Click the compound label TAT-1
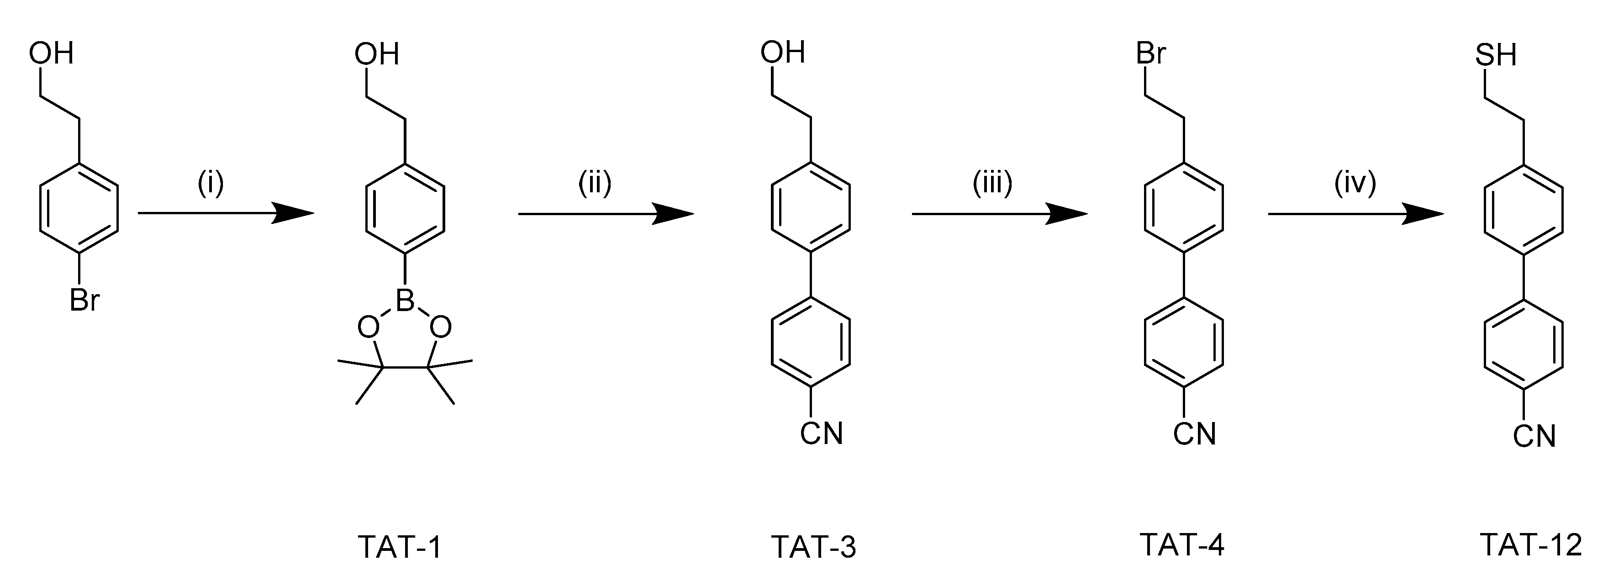point(400,547)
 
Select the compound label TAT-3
point(813,547)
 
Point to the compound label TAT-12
point(1531,545)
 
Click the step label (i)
point(211,184)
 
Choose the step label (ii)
point(594,184)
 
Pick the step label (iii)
point(992,184)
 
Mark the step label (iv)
point(1355,184)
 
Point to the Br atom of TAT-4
point(1150,53)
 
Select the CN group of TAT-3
point(822,433)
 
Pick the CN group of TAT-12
point(1534,436)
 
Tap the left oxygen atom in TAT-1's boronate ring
point(368,327)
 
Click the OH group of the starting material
point(51,53)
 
